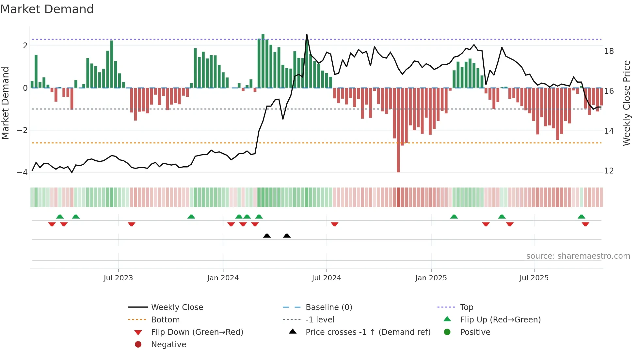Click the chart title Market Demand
(47, 9)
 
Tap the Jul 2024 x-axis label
(326, 278)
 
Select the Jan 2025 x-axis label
(431, 278)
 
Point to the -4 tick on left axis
(22, 172)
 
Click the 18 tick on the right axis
(609, 51)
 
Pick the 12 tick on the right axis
(609, 171)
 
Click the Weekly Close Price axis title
(626, 103)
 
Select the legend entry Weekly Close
(177, 307)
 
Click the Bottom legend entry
(165, 320)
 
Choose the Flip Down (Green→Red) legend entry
(197, 332)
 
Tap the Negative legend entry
(168, 345)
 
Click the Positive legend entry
(475, 332)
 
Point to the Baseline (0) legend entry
(328, 307)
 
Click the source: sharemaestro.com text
(578, 256)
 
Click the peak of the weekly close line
(307, 34)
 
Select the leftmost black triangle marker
(267, 236)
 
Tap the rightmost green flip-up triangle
(581, 217)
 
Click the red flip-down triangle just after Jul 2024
(334, 224)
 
